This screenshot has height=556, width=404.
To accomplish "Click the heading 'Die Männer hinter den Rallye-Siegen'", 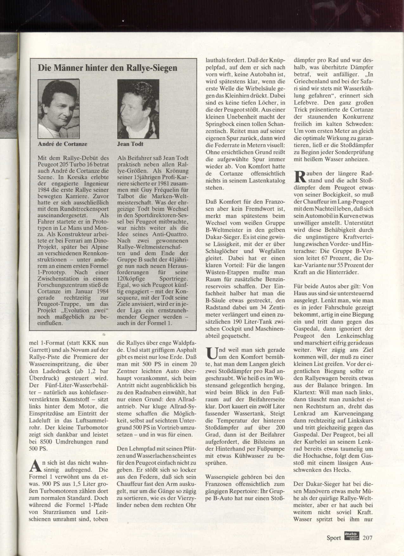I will pos(107,68).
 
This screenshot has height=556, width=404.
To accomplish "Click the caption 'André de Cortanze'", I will pos(62,144).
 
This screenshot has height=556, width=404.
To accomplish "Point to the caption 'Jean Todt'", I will pos(130,144).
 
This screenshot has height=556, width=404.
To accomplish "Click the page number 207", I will pos(368,538).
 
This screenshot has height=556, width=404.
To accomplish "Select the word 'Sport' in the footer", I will pos(334,538).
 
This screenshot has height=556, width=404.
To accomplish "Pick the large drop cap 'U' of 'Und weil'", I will pos(211,353).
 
